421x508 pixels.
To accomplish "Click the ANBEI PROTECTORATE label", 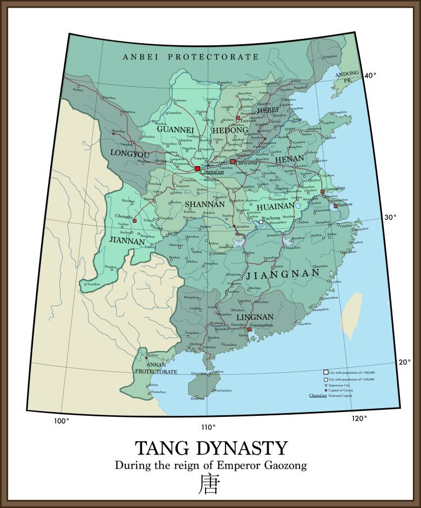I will coord(191,57).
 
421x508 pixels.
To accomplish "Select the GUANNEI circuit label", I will coord(175,129).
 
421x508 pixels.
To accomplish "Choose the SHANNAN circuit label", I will coord(205,204).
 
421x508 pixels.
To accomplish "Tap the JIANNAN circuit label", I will coord(127,241).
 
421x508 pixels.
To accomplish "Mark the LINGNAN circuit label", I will coord(255,317).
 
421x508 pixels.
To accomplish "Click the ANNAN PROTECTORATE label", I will coord(156,368).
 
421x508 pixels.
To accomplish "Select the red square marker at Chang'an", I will coord(198,169).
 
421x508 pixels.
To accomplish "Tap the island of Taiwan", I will coord(354,312).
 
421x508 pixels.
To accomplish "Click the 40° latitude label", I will coord(370,75).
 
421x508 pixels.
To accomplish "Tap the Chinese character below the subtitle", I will coord(210,484).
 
